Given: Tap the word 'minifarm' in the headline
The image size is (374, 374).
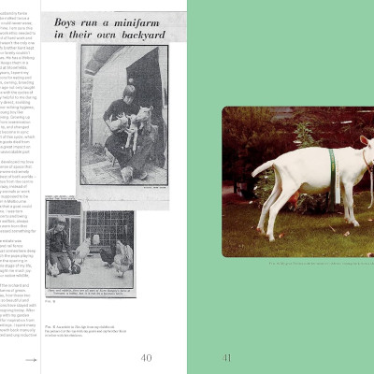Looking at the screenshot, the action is pos(143,21).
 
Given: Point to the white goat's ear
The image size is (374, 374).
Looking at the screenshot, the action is pos(362,139).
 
